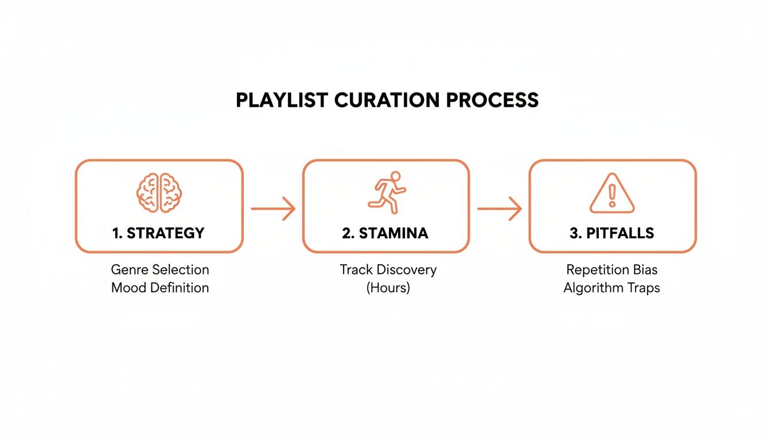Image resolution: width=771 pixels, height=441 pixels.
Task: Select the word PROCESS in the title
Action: pyautogui.click(x=492, y=100)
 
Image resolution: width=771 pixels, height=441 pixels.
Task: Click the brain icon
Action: pyautogui.click(x=159, y=193)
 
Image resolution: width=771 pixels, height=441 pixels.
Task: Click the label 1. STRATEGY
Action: pyautogui.click(x=159, y=233)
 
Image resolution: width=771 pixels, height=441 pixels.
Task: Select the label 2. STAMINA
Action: pyautogui.click(x=386, y=233)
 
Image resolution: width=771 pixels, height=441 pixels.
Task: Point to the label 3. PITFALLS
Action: pyautogui.click(x=612, y=233)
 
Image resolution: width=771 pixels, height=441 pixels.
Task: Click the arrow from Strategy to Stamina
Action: pyautogui.click(x=273, y=208)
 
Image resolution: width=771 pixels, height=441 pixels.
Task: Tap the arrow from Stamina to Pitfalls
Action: pyautogui.click(x=499, y=208)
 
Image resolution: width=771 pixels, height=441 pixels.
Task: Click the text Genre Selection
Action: pyautogui.click(x=160, y=269)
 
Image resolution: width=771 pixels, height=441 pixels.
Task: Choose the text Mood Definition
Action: pyautogui.click(x=160, y=288)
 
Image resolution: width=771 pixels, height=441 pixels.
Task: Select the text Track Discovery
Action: pyautogui.click(x=388, y=269)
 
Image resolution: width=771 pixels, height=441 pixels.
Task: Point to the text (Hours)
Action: pyautogui.click(x=388, y=288)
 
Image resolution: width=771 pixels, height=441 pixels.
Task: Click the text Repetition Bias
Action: pyautogui.click(x=612, y=269)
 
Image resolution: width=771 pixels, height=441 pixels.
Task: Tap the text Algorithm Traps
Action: pyautogui.click(x=612, y=288)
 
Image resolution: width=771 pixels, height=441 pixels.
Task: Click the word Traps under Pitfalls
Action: pyautogui.click(x=644, y=288)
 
